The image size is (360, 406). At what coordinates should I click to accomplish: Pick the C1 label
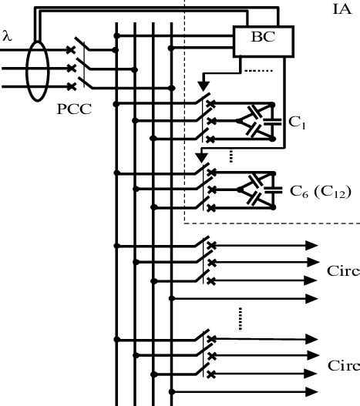click(x=298, y=121)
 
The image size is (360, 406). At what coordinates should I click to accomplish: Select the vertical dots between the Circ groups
click(x=241, y=317)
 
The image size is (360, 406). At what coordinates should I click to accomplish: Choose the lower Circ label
click(x=342, y=365)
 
